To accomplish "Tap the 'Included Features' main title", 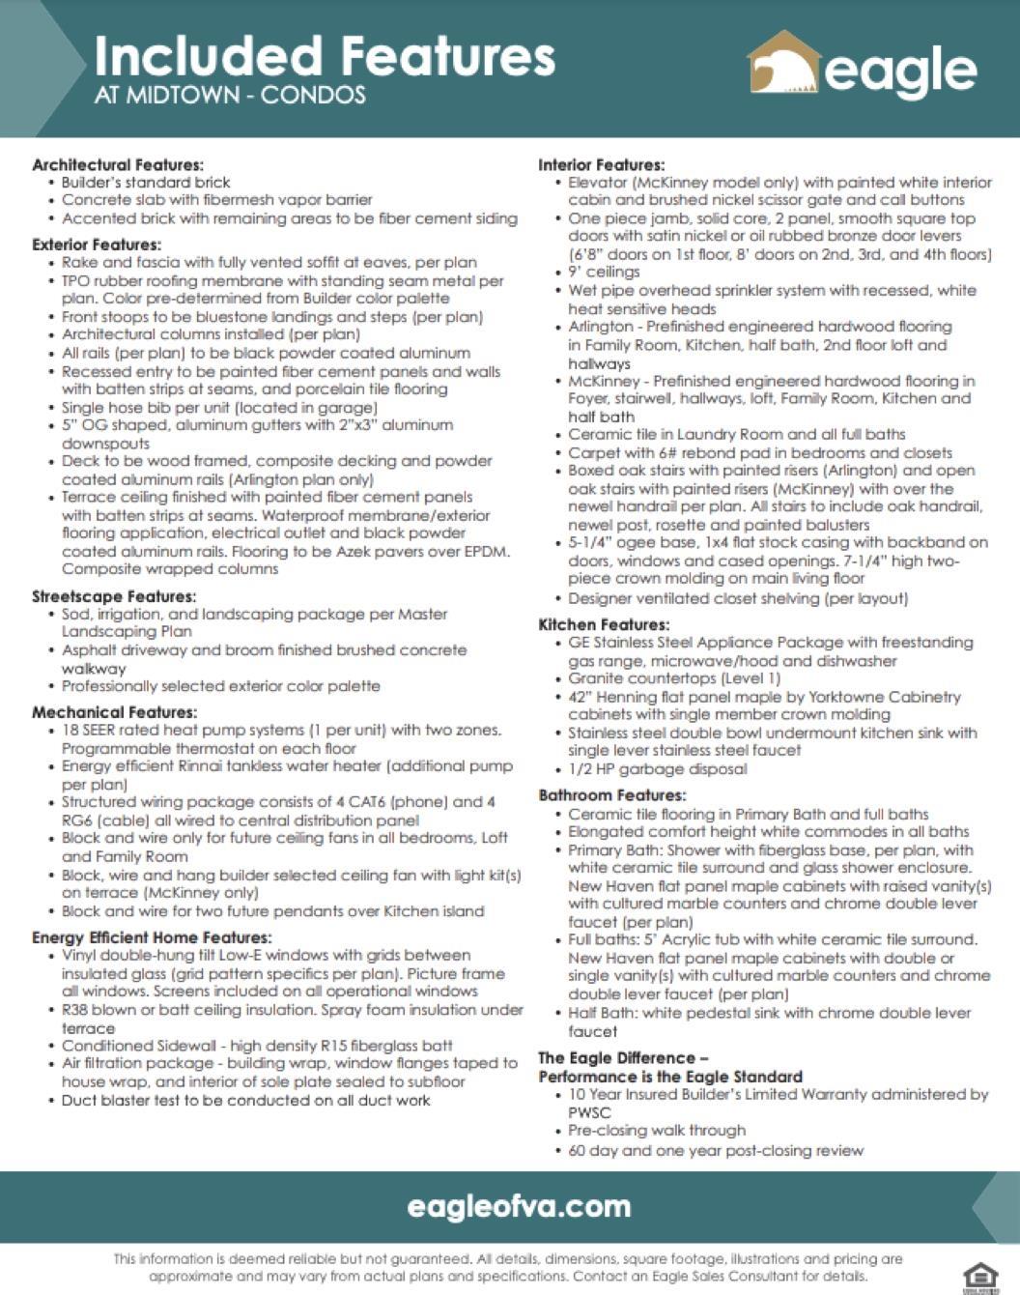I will coord(325,57).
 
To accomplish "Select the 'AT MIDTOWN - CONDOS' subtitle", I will coord(230,96).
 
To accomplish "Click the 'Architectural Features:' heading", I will coord(118,165).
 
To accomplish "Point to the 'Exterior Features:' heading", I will coord(97,245).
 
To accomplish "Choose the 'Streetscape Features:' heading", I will coord(114,596).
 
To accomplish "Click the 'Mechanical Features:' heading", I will coord(114,712).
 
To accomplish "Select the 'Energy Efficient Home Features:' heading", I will coord(152,937).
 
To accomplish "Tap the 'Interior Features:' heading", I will coord(602,165).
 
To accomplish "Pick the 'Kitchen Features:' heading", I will coord(604,624).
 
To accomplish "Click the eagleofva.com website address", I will coord(519,1206).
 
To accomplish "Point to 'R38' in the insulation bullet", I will coord(77,1010).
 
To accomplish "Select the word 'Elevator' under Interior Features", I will coord(598,183).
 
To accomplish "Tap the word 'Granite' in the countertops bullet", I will coord(596,678).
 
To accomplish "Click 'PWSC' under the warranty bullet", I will coord(589,1112).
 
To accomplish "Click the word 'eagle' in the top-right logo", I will coord(900,72).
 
